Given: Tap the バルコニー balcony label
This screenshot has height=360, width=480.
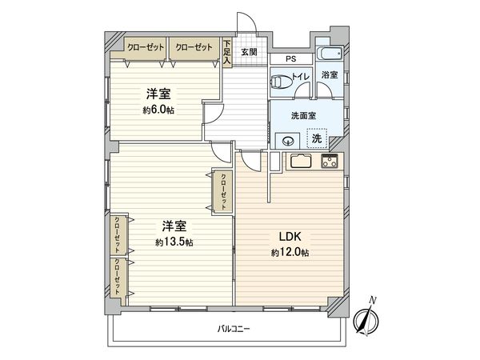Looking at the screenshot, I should tap(232, 329).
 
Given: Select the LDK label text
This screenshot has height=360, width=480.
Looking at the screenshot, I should tap(289, 237).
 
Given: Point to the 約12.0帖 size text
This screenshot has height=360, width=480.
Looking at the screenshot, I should tap(290, 252).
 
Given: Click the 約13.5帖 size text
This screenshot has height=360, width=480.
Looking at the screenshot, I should tap(174, 242).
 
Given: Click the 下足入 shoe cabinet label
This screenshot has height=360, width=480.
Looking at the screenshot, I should tap(228, 53).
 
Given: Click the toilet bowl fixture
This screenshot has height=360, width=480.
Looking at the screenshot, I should tap(281, 81).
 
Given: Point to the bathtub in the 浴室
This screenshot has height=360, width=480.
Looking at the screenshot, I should tap(329, 55).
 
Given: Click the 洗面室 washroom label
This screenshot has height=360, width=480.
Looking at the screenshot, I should tap(303, 114).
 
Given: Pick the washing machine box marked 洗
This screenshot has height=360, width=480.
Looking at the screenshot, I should tap(318, 138).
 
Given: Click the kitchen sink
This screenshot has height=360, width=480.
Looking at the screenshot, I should tap(302, 161).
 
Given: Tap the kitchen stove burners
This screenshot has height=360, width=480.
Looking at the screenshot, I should tap(330, 162).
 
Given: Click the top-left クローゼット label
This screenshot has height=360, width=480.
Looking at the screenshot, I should tap(145, 47).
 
